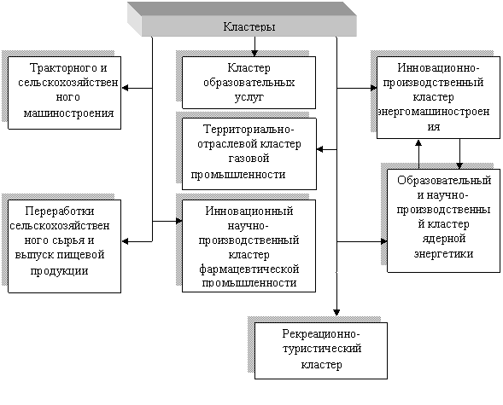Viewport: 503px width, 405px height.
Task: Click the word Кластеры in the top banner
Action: [249, 26]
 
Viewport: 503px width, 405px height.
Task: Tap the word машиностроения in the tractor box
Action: [69, 113]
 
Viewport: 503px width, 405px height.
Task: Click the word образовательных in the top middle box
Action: [249, 83]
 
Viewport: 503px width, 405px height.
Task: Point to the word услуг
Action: [249, 97]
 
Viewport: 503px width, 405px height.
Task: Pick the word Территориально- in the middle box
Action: [249, 130]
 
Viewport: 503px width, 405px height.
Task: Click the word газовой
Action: [249, 159]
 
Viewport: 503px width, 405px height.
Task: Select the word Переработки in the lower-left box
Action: [60, 211]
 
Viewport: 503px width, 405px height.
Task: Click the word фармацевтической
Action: [249, 269]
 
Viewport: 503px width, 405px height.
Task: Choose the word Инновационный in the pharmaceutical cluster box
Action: [249, 211]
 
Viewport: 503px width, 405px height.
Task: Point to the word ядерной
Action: [444, 239]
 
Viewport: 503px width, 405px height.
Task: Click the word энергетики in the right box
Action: [444, 253]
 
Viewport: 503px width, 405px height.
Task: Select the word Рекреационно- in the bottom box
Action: [321, 334]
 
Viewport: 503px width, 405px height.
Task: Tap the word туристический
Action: [322, 349]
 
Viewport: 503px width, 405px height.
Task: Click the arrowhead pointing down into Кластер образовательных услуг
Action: [254, 53]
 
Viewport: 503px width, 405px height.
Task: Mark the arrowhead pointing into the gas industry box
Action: [320, 149]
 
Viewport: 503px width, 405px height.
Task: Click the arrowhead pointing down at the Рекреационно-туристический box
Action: [336, 312]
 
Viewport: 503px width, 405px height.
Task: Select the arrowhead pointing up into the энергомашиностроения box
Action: [418, 142]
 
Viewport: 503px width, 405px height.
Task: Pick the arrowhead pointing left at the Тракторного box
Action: [125, 88]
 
